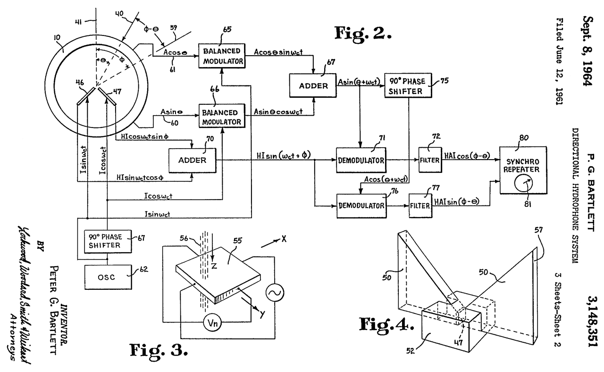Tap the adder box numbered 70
192,160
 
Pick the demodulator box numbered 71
360,161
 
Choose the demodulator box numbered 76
361,205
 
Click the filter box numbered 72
429,160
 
